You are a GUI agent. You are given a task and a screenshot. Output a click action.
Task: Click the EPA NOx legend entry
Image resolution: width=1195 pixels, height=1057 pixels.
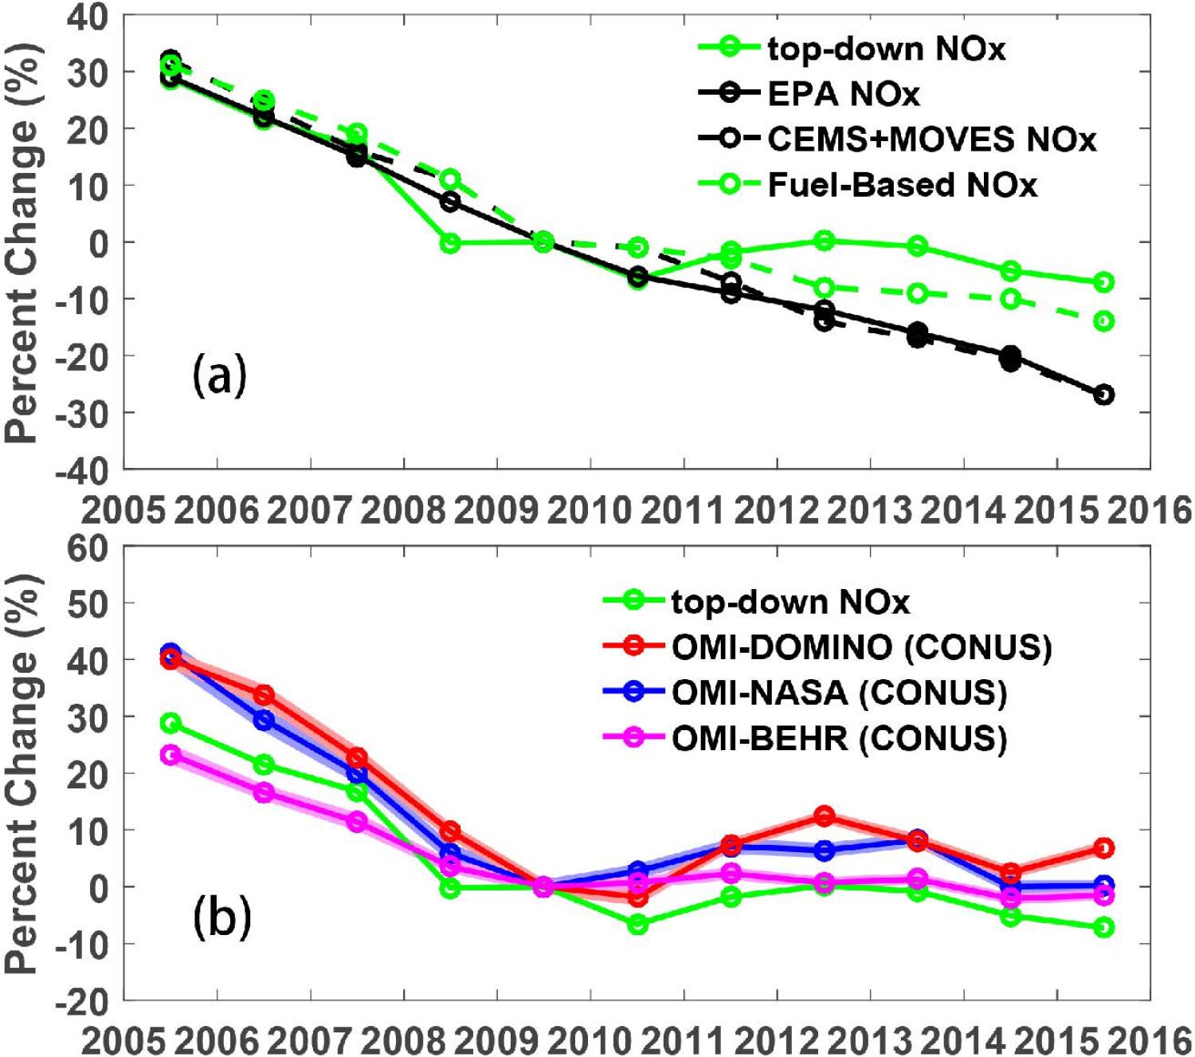coord(843,94)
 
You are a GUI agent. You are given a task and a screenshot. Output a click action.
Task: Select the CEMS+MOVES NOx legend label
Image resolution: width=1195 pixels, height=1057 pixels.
coord(931,139)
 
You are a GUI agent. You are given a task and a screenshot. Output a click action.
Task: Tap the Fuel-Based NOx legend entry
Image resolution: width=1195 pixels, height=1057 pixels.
coord(902,185)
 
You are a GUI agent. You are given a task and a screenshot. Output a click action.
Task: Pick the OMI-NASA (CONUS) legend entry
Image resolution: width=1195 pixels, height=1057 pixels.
coord(839,693)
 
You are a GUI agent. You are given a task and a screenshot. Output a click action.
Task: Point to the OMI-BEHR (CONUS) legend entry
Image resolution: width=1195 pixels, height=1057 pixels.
coord(839,739)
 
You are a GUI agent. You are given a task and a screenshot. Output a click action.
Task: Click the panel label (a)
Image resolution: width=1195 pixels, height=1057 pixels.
coord(220,375)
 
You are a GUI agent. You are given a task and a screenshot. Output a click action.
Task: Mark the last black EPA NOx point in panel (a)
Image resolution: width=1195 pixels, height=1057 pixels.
coord(1103,395)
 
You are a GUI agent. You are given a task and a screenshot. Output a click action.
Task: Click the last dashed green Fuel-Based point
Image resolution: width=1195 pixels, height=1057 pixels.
coord(1103,321)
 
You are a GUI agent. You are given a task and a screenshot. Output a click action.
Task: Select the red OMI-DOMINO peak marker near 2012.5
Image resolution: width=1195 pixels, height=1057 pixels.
coord(825,816)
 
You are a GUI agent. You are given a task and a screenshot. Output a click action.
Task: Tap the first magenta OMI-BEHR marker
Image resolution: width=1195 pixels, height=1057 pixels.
coord(170,755)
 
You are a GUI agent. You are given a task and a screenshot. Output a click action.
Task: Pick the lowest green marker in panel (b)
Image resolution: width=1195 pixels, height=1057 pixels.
coord(1103,927)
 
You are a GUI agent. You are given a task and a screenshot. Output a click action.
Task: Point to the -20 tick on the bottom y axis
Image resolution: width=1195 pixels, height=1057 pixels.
coord(88,1000)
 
